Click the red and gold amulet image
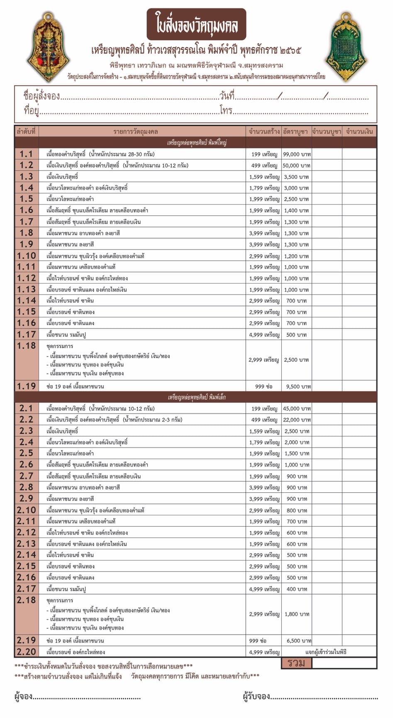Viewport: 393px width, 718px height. pyautogui.click(x=49, y=46)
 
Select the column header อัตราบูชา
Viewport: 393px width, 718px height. pyautogui.click(x=295, y=132)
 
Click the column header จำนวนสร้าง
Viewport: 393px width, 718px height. pyautogui.click(x=264, y=132)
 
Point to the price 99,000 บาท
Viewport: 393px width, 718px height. pyautogui.click(x=297, y=154)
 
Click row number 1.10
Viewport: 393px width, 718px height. pyautogui.click(x=26, y=256)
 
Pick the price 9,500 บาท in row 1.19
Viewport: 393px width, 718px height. pyautogui.click(x=298, y=387)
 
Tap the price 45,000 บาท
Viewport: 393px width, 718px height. pyautogui.click(x=297, y=409)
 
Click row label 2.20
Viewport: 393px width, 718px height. pyautogui.click(x=26, y=652)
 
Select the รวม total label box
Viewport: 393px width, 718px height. pyautogui.click(x=296, y=663)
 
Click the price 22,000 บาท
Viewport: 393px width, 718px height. pyautogui.click(x=297, y=420)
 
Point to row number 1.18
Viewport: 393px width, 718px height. pyautogui.click(x=26, y=346)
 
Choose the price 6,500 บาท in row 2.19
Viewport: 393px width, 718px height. pyautogui.click(x=298, y=641)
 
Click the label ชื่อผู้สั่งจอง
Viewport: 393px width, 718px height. pyautogui.click(x=41, y=97)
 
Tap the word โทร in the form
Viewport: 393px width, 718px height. pyautogui.click(x=226, y=111)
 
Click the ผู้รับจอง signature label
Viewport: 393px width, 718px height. pyautogui.click(x=256, y=696)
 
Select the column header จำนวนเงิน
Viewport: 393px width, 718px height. pyautogui.click(x=359, y=132)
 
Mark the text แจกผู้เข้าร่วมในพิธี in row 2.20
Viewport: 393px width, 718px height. pyautogui.click(x=326, y=652)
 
